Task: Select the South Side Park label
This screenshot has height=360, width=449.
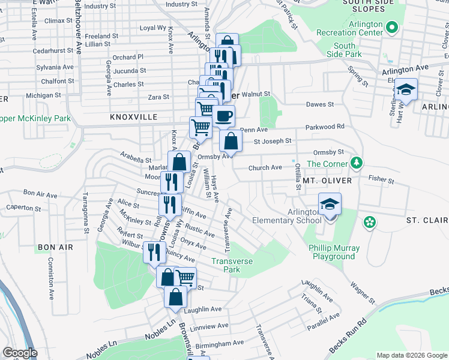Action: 344,50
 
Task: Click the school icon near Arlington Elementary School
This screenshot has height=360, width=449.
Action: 329,205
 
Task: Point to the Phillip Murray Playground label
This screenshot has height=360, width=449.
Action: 334,252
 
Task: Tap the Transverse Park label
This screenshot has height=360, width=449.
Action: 232,265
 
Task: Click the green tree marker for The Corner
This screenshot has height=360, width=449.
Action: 357,163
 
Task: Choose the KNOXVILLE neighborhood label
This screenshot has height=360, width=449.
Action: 133,117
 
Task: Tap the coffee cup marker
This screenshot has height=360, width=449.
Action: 224,116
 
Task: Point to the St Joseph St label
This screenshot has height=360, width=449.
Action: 272,142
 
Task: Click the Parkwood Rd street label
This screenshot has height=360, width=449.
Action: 324,127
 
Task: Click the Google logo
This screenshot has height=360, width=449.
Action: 20,353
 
